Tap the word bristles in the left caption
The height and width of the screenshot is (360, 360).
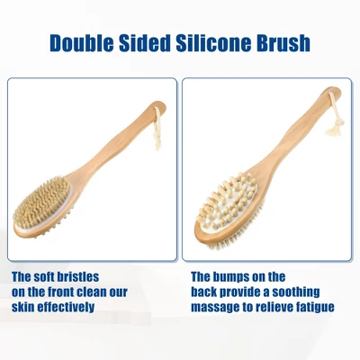point(78,276)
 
